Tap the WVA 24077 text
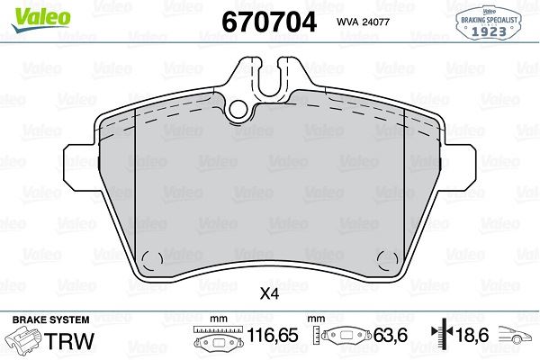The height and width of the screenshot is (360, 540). pyautogui.click(x=364, y=22)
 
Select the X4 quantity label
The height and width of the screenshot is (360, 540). pyautogui.click(x=269, y=293)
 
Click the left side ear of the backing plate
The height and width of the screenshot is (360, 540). pyautogui.click(x=79, y=160)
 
